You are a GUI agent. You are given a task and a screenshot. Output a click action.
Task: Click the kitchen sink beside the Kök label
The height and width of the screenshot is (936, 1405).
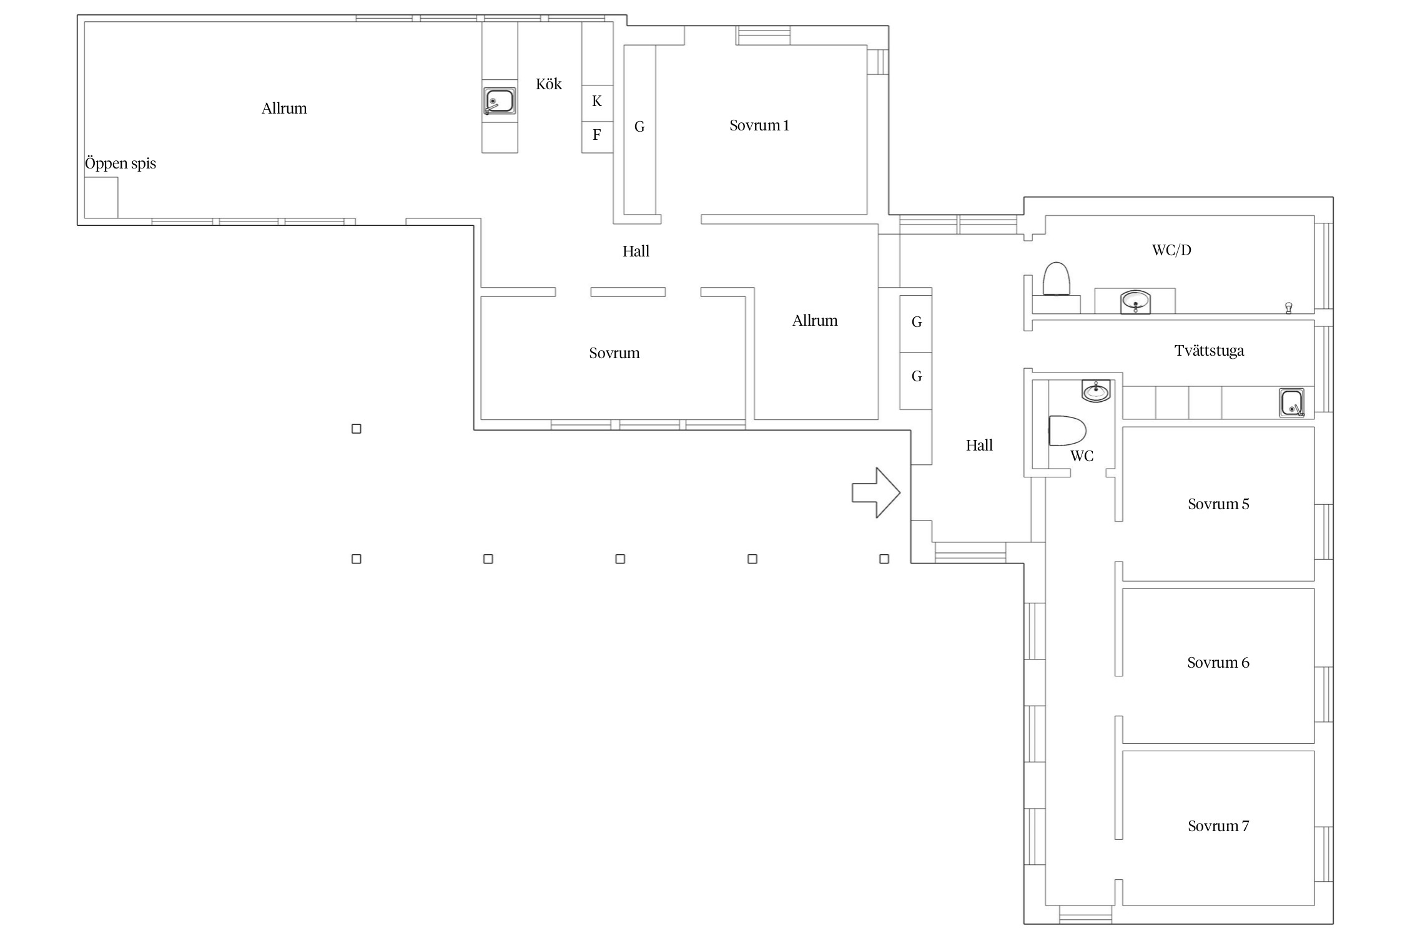coord(500,101)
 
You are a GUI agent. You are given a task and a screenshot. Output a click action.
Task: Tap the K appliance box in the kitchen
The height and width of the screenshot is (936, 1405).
coord(597,103)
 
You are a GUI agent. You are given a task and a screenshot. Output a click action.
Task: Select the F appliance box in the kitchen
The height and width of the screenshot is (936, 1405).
coord(597,137)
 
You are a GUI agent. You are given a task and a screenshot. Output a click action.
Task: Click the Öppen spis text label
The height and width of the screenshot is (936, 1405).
coord(121,163)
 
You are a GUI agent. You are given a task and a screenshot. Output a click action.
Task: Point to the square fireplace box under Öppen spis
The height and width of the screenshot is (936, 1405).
coord(101,198)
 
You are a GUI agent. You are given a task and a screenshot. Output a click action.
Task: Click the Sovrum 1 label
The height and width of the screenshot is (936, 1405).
coord(759,125)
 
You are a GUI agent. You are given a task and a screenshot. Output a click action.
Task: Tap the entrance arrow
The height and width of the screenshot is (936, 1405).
coord(876,492)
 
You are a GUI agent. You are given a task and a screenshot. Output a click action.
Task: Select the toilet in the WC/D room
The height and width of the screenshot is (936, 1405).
coord(1057,279)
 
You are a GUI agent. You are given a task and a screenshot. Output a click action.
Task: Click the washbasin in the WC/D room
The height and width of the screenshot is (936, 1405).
coord(1135,301)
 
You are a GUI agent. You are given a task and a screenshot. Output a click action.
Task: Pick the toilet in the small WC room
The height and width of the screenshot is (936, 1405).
coord(1067,431)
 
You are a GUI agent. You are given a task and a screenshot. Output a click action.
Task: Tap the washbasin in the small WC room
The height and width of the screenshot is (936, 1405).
coord(1096,391)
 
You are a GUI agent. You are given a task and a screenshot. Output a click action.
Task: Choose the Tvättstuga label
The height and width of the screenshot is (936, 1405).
coord(1209,351)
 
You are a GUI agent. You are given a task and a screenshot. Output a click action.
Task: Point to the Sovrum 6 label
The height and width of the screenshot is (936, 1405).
coord(1218,663)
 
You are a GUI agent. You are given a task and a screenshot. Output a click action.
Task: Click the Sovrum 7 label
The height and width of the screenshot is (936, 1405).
coord(1218,826)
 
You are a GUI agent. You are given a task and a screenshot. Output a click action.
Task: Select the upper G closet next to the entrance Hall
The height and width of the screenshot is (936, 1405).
coord(916,324)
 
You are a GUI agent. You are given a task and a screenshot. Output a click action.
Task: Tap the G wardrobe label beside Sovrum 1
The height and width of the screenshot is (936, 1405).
coord(639,127)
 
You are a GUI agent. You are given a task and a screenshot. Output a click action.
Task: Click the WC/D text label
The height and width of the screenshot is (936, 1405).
coord(1171,250)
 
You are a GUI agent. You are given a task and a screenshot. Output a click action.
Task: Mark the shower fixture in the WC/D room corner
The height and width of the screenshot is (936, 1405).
coord(1288,308)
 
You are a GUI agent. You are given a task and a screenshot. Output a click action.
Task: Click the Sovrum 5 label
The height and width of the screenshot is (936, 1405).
coord(1218,504)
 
